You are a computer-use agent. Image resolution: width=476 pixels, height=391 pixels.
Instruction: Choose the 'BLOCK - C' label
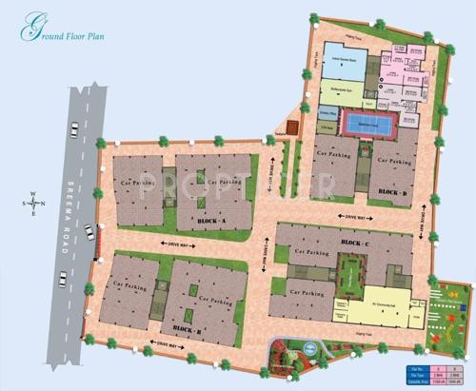(355, 243)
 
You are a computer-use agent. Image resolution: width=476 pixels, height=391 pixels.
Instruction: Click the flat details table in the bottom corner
(434, 374)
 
